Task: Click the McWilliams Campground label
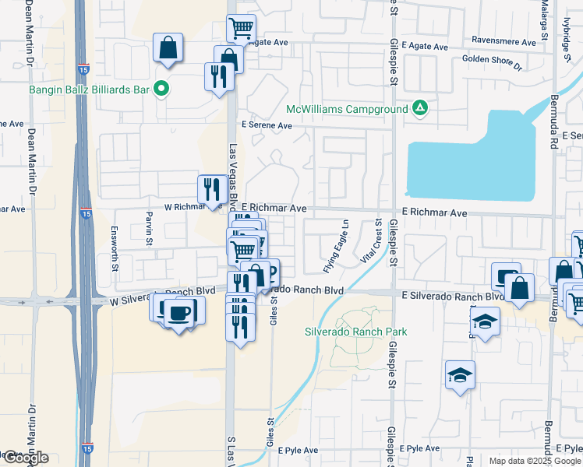(347, 109)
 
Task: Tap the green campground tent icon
(420, 108)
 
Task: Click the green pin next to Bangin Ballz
(161, 90)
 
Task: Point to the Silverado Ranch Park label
(355, 332)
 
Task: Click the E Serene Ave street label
(267, 125)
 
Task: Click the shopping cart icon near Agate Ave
(242, 29)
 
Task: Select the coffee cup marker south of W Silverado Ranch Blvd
(179, 311)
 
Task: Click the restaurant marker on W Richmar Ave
(210, 188)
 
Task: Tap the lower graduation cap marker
(460, 375)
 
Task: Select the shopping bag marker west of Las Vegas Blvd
(168, 48)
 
